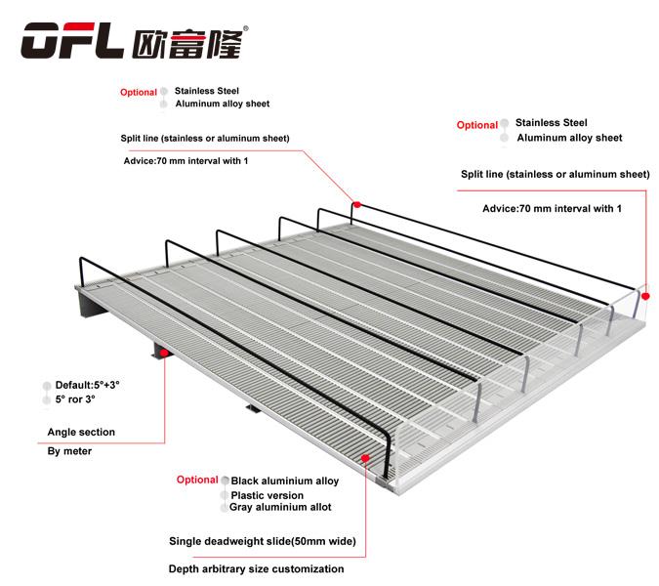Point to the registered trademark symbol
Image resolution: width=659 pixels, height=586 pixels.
coord(245,27)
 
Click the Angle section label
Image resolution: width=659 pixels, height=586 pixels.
coord(81,432)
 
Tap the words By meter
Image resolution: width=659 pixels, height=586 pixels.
coord(69,452)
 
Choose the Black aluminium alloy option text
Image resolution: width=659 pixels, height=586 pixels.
coord(285,481)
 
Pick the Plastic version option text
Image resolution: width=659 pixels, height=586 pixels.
coord(267,495)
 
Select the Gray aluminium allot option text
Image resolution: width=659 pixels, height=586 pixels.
coord(280,507)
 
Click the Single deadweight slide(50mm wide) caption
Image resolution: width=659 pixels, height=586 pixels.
coord(262,540)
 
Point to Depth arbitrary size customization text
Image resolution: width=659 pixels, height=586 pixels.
coord(256,568)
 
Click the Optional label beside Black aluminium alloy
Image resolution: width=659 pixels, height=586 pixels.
coord(196,480)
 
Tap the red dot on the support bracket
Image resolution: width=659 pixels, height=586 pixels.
coord(164,353)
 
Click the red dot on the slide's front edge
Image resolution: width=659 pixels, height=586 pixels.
coord(366,456)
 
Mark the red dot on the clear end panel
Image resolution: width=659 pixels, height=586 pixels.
coord(644,293)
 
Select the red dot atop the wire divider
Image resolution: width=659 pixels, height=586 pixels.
coord(357,204)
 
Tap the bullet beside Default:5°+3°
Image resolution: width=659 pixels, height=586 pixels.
coord(46,386)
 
